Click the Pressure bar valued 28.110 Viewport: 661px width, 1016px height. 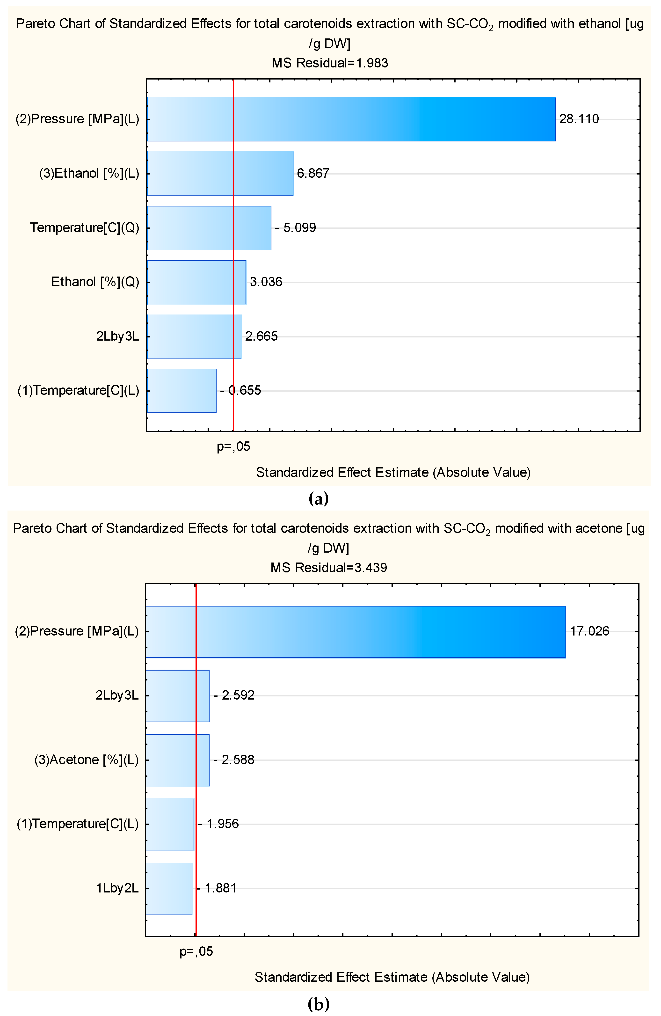tap(351, 119)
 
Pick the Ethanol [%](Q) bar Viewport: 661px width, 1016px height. tap(196, 282)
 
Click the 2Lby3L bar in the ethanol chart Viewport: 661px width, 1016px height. tap(194, 336)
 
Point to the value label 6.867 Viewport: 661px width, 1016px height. tap(313, 173)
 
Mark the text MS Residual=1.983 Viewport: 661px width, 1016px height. tap(330, 63)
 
